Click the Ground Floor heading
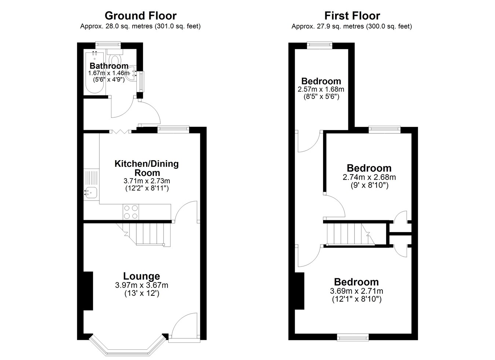pos(140,16)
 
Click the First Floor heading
pos(352,16)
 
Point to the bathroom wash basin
pos(131,73)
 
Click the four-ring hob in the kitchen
pos(131,212)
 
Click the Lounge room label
pos(142,276)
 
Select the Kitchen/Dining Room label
pos(147,168)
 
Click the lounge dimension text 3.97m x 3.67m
pos(142,285)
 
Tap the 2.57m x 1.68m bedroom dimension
pos(321,89)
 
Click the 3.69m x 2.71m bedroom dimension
pos(357,291)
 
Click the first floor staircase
pos(351,234)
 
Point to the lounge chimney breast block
pos(88,291)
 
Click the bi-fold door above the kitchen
pos(120,132)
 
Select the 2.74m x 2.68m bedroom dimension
pos(369,177)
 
